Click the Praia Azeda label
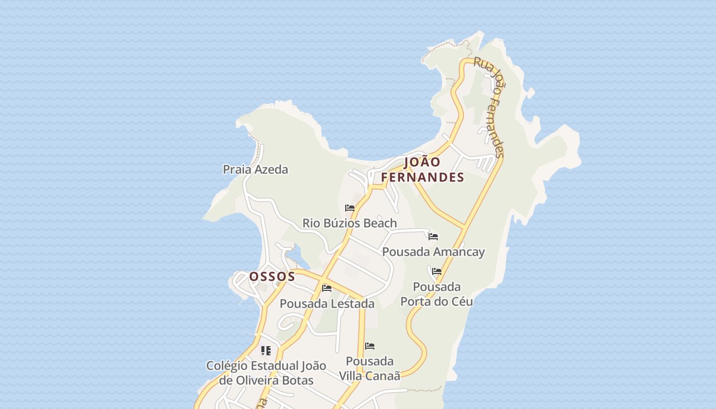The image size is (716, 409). point(255,169)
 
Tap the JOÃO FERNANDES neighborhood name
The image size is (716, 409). point(422,170)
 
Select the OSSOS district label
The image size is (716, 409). point(272,277)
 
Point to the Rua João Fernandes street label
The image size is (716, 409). point(489,107)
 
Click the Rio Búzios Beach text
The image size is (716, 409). point(349,223)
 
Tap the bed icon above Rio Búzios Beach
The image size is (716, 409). point(350,208)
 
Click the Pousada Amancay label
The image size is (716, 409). point(433,252)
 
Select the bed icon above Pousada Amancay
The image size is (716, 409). point(433,237)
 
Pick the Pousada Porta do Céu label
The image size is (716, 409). point(436,294)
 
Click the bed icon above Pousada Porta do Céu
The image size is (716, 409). point(437,271)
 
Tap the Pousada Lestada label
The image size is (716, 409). point(327,303)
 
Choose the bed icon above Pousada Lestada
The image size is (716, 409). point(327,288)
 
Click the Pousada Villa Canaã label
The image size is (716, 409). point(369,368)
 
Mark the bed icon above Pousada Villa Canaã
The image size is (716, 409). point(370,346)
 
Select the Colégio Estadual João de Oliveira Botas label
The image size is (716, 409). point(266,373)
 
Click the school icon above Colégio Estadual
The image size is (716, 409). point(266,350)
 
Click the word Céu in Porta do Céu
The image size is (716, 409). point(461,301)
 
